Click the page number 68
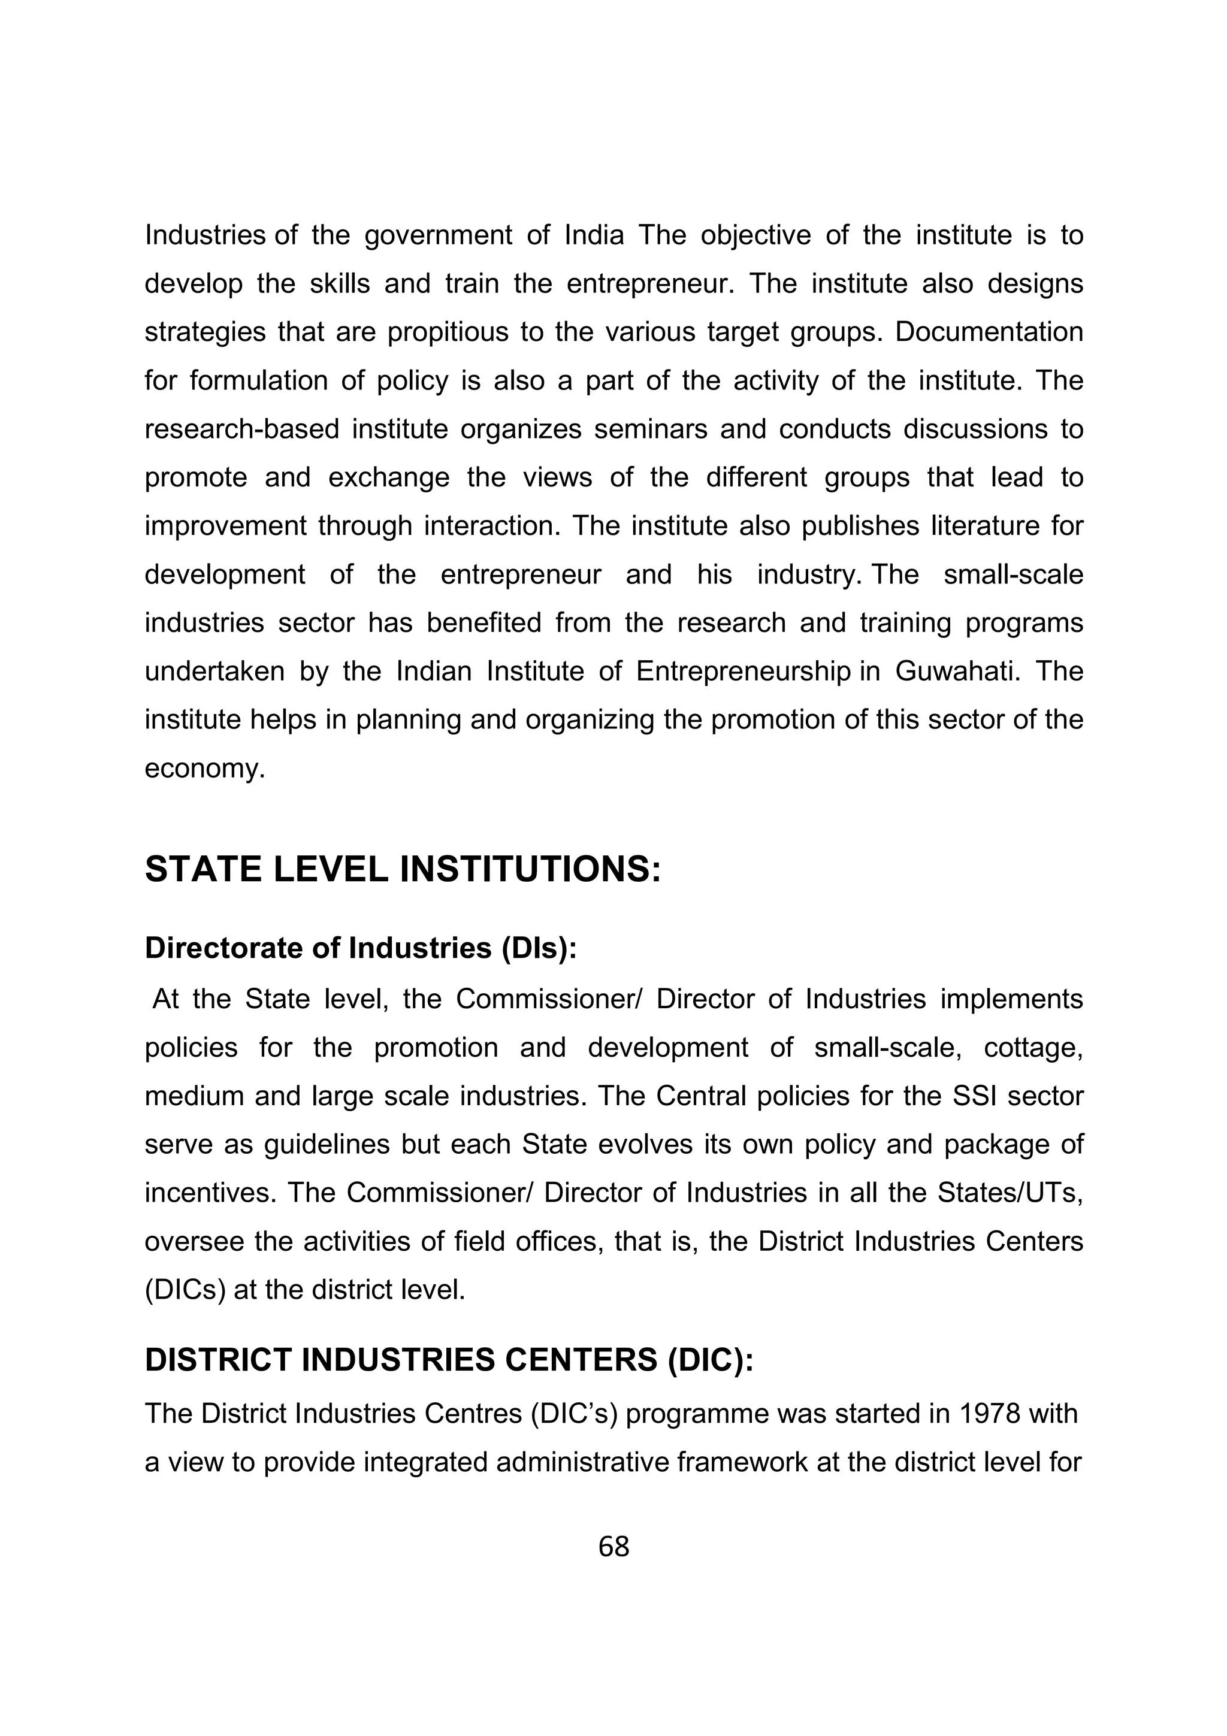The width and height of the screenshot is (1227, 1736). click(x=613, y=1547)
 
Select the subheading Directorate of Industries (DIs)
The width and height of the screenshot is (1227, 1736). click(x=361, y=948)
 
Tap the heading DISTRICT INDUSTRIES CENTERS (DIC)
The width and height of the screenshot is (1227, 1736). click(x=449, y=1359)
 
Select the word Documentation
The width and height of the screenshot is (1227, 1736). click(x=990, y=332)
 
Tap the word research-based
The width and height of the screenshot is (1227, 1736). click(x=242, y=430)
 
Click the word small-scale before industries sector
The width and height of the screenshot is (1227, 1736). click(x=1013, y=574)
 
